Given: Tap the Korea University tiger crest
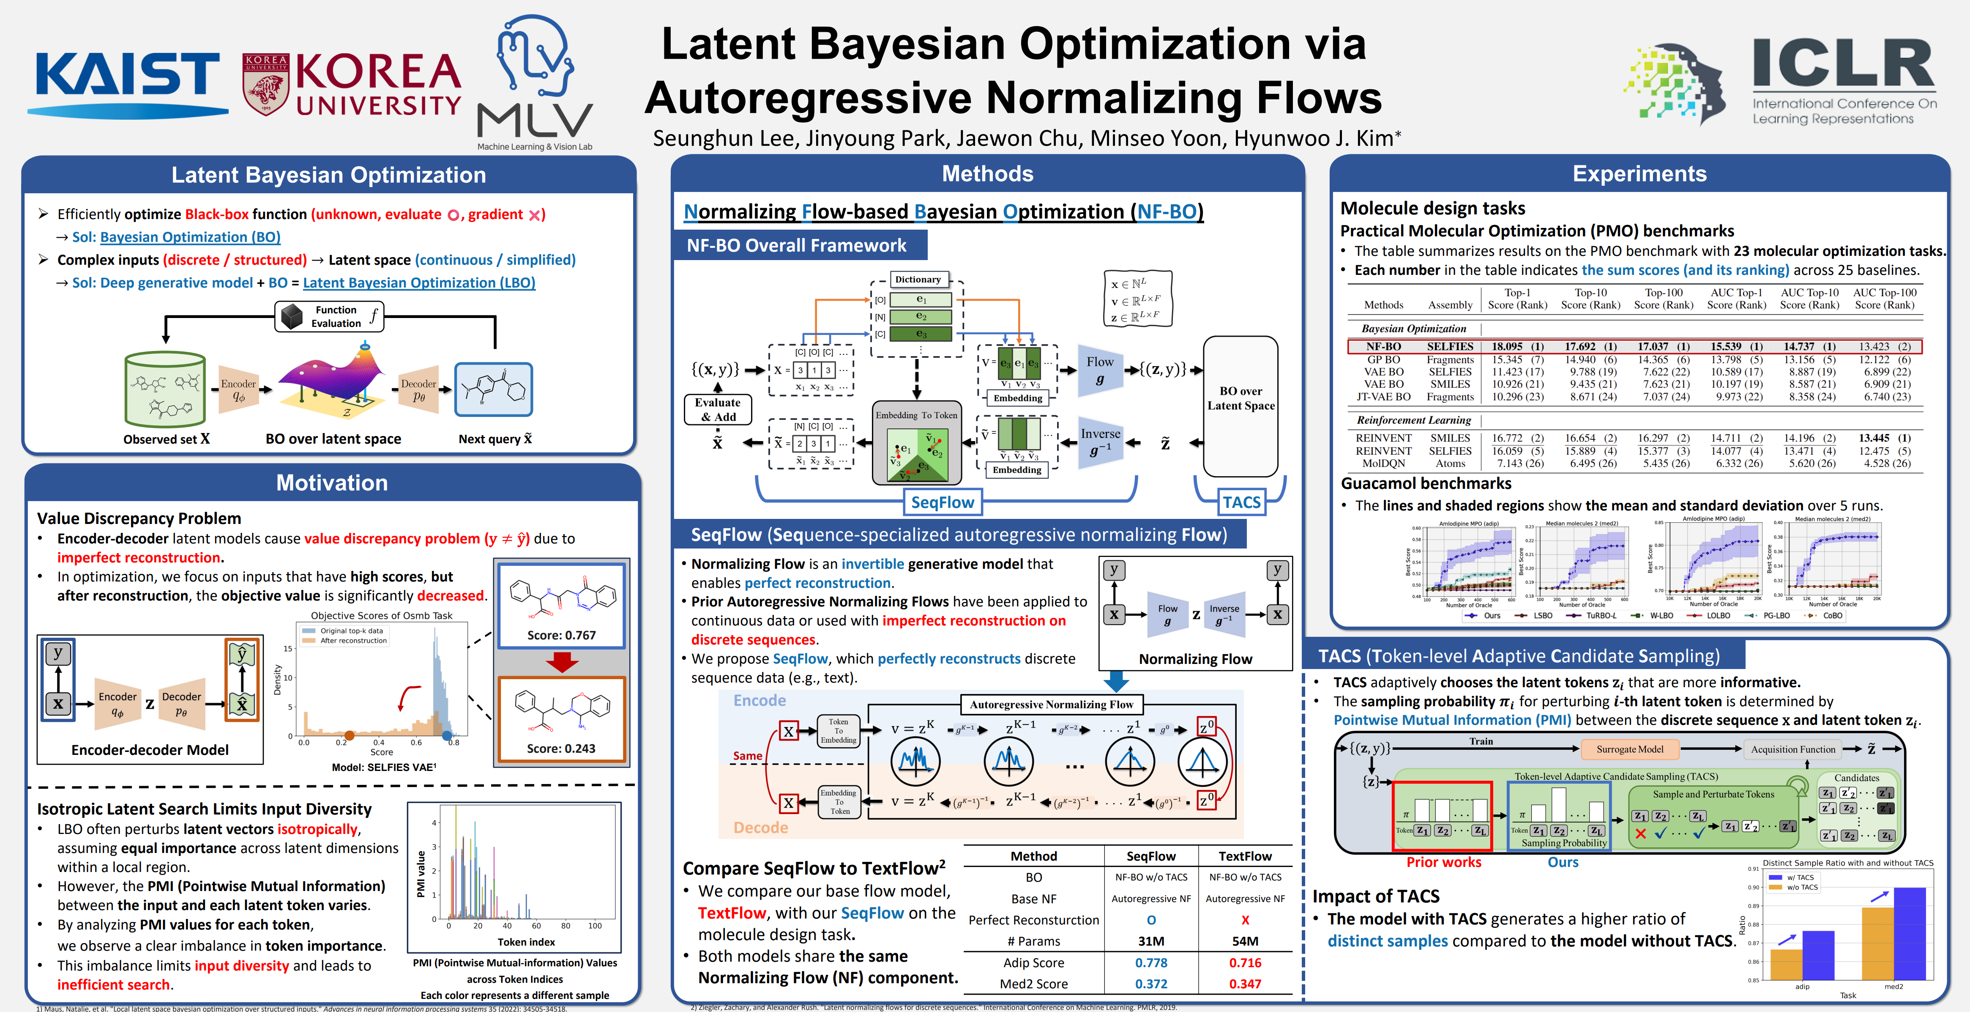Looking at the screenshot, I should [265, 84].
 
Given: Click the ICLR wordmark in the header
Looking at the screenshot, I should [1843, 65].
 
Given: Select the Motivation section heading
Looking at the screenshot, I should [332, 483].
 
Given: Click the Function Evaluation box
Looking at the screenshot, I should [329, 316].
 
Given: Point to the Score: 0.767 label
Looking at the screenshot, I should [561, 635].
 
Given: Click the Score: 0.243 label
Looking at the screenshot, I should [561, 748].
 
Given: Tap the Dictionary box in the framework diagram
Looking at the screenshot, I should [918, 279].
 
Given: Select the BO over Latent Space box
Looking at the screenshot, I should [1240, 398].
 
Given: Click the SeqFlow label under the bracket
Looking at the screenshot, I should [943, 502].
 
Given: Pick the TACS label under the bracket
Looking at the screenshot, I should [1241, 502].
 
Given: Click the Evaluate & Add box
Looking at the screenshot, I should [717, 409].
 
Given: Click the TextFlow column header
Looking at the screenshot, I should [1245, 856].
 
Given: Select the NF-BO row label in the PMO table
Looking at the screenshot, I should [1383, 346].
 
